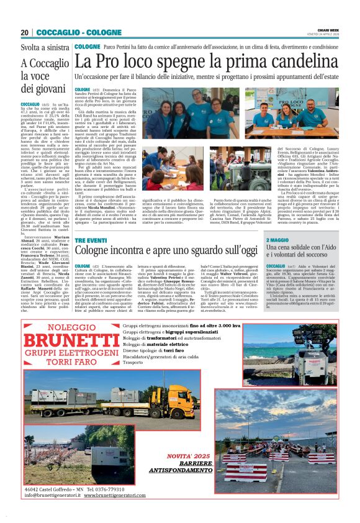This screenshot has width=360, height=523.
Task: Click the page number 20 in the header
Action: coord(25,32)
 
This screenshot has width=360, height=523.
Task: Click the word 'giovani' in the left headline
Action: coord(41,88)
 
